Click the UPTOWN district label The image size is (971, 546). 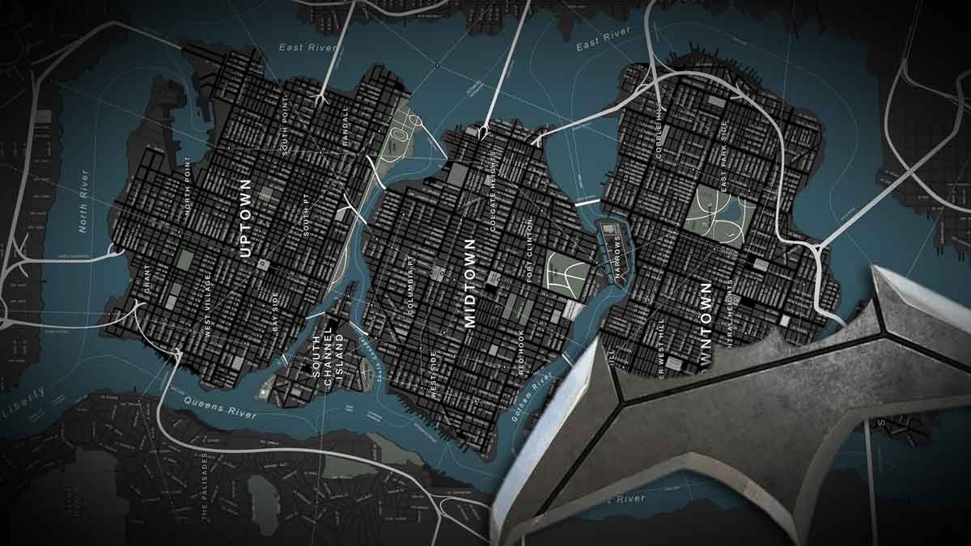247,218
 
